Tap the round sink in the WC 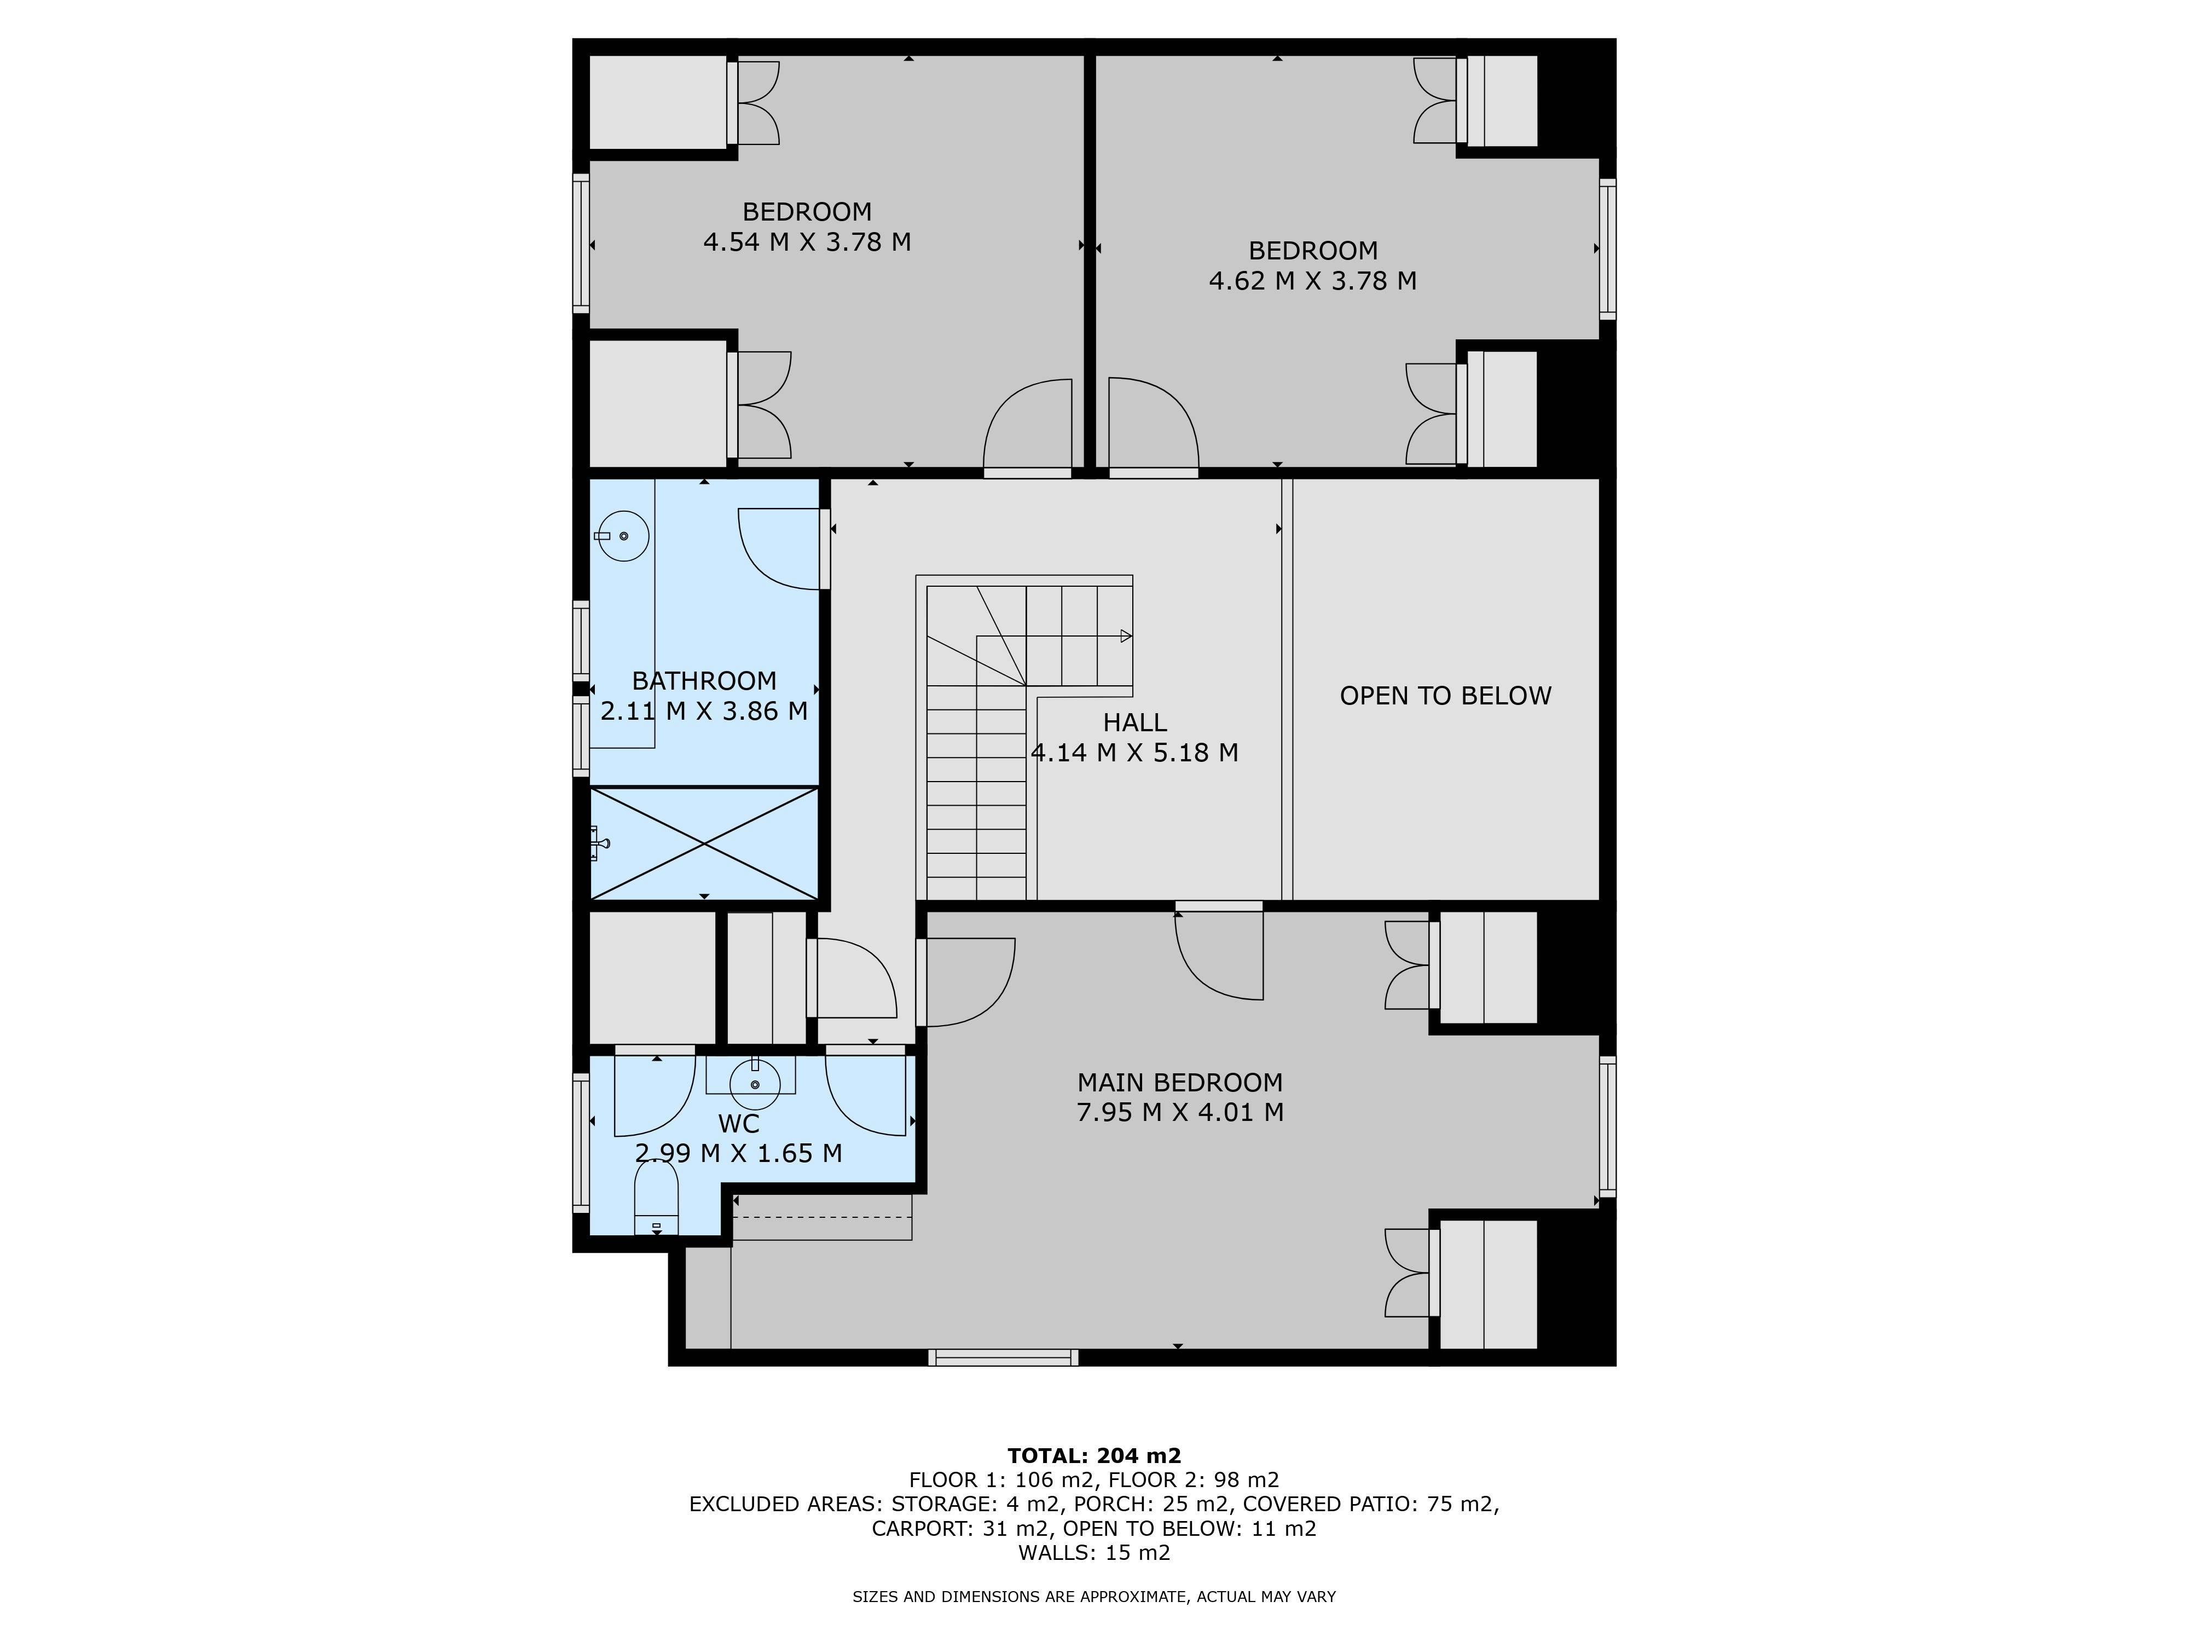tap(755, 1084)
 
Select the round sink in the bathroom tap(623, 535)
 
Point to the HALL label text tap(1135, 722)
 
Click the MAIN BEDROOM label tap(1180, 1083)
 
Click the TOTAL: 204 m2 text tap(1094, 1456)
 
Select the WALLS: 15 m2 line tap(1094, 1552)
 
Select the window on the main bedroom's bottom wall tap(1004, 1357)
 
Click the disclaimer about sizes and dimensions tap(1094, 1597)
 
